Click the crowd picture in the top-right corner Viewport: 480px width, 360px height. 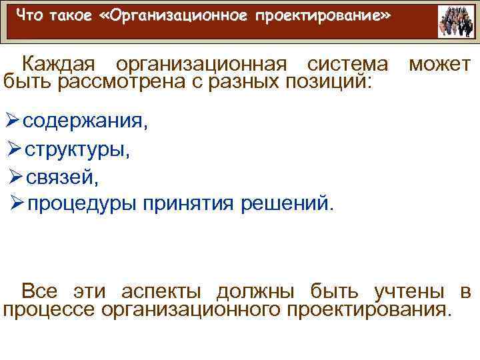pos(457,22)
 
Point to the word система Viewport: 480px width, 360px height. pos(347,65)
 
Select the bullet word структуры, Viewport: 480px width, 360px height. pos(78,150)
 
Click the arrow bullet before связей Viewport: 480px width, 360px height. pos(19,177)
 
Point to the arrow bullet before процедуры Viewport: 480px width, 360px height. pos(19,203)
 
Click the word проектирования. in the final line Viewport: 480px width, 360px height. pos(368,309)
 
